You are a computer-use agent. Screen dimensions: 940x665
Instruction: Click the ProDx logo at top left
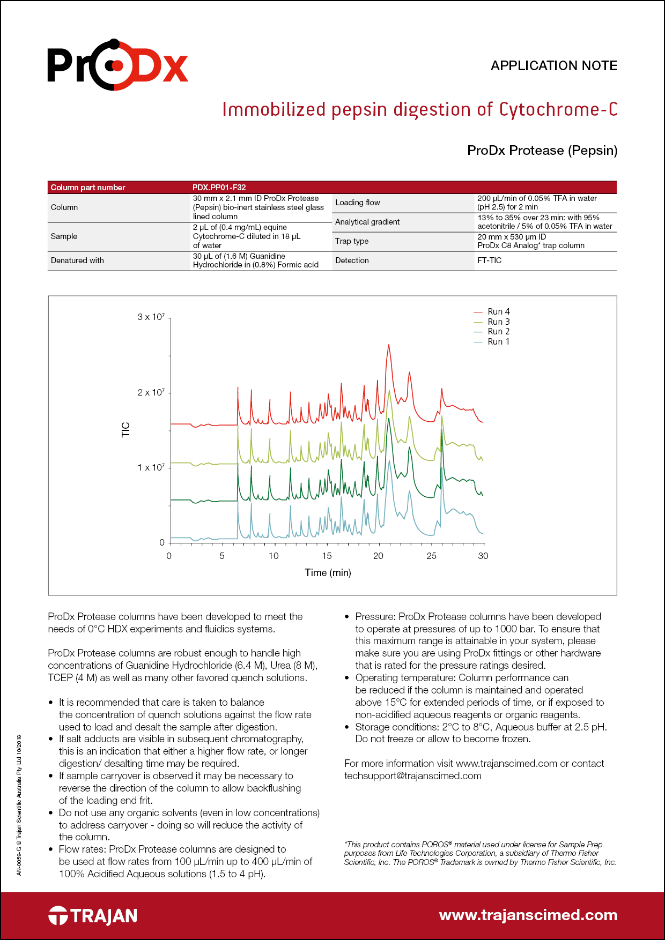[117, 65]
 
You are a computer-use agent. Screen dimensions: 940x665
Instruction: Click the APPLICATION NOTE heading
[553, 66]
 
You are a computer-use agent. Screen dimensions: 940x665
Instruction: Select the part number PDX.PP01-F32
[219, 188]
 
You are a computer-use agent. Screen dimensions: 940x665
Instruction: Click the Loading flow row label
[357, 203]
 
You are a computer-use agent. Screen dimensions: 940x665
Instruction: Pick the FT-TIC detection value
[489, 260]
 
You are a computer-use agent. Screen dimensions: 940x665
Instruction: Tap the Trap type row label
[351, 241]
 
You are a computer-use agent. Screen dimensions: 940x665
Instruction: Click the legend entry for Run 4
[498, 312]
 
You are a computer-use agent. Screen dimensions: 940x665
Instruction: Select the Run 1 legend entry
[498, 342]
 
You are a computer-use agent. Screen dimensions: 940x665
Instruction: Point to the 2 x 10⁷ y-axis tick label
[151, 392]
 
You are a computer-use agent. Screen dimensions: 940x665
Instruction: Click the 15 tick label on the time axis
[327, 556]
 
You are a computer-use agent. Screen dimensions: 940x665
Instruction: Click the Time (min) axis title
[328, 573]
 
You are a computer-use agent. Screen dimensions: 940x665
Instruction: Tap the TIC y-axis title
[126, 430]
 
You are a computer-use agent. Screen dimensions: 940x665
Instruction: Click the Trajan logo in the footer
[93, 915]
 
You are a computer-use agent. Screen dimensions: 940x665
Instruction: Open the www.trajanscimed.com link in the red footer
[528, 915]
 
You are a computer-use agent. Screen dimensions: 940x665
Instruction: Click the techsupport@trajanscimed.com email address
[412, 776]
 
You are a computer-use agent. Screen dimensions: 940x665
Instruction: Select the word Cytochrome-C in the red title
[558, 109]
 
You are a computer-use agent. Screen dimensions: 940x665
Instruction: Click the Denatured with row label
[77, 260]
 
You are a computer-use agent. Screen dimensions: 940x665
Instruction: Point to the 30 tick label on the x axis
[483, 556]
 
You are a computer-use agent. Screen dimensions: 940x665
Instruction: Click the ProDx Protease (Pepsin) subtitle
[542, 151]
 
